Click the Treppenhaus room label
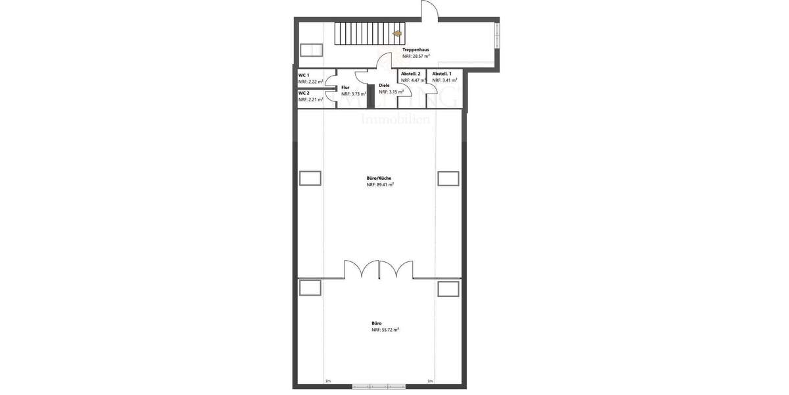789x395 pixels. click(x=416, y=49)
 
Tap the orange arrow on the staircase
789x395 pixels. click(x=397, y=32)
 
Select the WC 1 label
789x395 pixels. click(x=304, y=75)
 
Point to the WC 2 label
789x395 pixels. click(x=304, y=93)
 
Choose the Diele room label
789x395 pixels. click(x=384, y=85)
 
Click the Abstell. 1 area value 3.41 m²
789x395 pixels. click(x=444, y=80)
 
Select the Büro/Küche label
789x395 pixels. click(x=379, y=178)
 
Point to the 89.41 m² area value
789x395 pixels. click(x=380, y=185)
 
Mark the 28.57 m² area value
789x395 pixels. click(x=416, y=57)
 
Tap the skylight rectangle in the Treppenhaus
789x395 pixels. click(x=310, y=51)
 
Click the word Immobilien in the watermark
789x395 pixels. click(x=395, y=120)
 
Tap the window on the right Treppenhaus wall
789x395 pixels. click(x=497, y=33)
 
